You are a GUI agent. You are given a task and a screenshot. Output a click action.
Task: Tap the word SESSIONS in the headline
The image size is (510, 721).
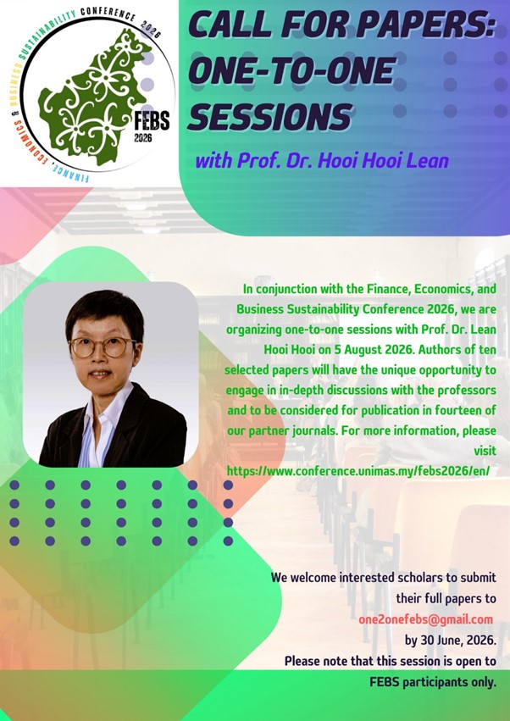tap(270, 115)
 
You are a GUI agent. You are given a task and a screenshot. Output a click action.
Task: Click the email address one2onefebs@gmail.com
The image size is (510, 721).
tap(425, 619)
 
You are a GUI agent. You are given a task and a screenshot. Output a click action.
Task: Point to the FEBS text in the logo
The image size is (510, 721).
tap(152, 121)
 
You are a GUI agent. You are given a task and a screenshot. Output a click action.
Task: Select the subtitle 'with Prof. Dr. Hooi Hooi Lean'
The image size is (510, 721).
tap(321, 161)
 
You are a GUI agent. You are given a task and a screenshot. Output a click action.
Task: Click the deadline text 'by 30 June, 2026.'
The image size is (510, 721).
tap(450, 640)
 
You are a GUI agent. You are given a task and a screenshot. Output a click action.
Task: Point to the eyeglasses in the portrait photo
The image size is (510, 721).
tap(103, 347)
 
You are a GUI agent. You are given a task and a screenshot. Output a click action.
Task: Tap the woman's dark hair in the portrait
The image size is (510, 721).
tap(104, 313)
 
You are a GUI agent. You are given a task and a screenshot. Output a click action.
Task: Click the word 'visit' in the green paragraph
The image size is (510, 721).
tap(485, 450)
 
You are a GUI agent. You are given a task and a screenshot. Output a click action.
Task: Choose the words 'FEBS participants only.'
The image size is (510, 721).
tap(433, 682)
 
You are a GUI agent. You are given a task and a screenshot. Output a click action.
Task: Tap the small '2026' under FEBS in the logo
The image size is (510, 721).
tap(143, 137)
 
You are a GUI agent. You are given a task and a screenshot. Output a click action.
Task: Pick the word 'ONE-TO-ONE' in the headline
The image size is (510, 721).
tap(291, 71)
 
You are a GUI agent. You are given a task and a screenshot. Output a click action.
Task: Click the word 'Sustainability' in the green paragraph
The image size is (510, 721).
tap(323, 309)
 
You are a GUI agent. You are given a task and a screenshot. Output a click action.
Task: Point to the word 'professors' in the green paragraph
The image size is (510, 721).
tap(467, 391)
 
